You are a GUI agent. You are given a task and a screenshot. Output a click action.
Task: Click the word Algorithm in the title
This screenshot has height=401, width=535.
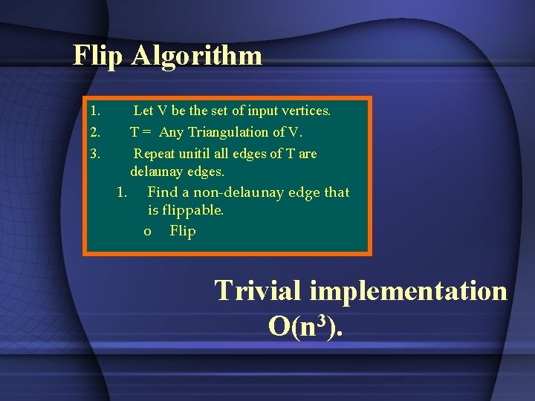click(x=196, y=56)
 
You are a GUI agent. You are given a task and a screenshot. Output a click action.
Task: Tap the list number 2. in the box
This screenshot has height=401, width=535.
click(x=94, y=132)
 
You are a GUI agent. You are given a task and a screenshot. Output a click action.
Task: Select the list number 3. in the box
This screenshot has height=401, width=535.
click(x=94, y=154)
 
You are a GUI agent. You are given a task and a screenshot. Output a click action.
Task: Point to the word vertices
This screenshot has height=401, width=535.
click(x=305, y=111)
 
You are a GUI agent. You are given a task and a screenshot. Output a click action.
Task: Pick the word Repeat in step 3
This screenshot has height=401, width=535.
click(x=154, y=154)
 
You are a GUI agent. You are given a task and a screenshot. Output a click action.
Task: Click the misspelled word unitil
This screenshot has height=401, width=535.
click(x=195, y=154)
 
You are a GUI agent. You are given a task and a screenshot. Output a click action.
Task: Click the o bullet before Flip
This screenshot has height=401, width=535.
click(x=148, y=232)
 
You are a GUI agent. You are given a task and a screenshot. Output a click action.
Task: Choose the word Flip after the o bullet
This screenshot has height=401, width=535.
click(x=183, y=231)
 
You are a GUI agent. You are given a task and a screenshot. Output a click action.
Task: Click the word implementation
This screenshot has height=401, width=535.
click(x=408, y=291)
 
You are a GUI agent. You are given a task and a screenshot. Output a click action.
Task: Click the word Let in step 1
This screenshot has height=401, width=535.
click(x=143, y=111)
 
